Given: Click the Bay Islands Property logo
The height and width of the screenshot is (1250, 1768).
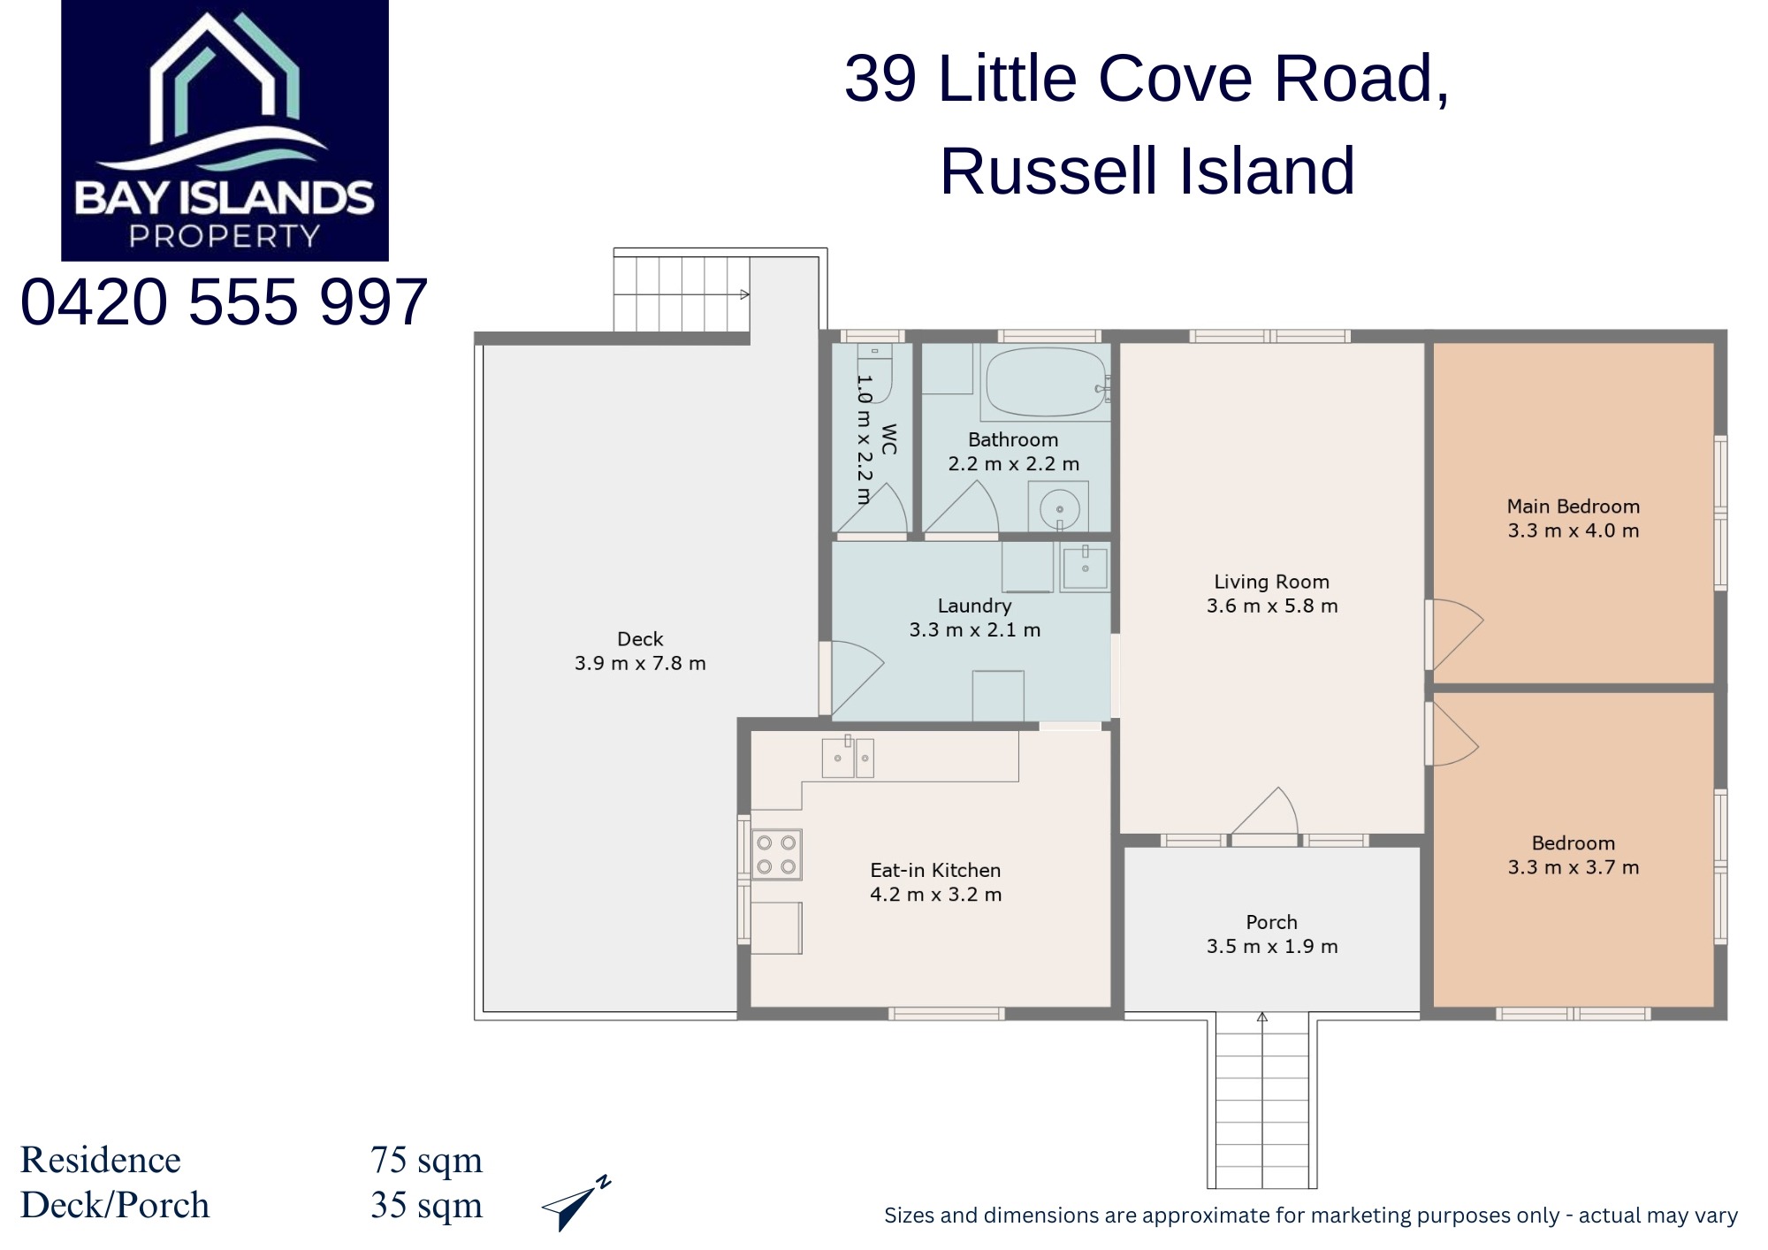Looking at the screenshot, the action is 225,130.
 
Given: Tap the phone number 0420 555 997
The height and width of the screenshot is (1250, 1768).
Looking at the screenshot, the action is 224,302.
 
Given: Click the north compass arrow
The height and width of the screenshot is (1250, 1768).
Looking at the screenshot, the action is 576,1202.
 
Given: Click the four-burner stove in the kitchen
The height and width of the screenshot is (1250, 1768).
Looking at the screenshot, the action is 776,854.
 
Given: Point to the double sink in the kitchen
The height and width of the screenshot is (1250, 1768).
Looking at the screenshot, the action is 848,758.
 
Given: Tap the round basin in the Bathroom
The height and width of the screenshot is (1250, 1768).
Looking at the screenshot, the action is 1059,508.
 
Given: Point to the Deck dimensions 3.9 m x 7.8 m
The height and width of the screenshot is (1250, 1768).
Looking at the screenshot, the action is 640,663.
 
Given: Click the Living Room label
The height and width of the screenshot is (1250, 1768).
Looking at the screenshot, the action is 1271,582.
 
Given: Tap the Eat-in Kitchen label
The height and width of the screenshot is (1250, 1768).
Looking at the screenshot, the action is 935,870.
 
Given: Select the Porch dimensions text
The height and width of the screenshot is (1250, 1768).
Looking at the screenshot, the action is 1272,946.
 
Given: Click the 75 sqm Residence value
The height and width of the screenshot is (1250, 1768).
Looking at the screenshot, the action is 426,1160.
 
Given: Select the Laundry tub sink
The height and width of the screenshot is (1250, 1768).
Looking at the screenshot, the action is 1085,567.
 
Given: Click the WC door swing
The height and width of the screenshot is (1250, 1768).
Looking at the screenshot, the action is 884,508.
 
